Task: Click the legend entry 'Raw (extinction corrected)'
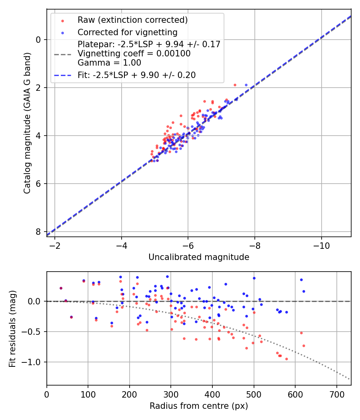(x=132, y=20)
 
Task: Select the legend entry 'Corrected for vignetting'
(x=127, y=32)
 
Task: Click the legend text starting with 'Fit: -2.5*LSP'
(x=136, y=75)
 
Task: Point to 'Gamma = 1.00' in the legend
(x=109, y=62)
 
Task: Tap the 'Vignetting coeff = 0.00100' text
(x=134, y=54)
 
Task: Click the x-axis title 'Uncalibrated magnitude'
(x=199, y=257)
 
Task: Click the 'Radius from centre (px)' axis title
(x=199, y=406)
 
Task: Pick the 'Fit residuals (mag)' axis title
(x=12, y=328)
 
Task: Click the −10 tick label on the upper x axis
(x=321, y=245)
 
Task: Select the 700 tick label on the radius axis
(x=336, y=394)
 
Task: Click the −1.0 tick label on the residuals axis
(x=32, y=362)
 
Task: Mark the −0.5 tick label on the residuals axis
(x=32, y=332)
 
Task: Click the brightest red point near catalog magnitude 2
(x=235, y=85)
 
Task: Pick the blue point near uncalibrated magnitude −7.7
(x=246, y=85)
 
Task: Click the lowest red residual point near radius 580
(x=286, y=359)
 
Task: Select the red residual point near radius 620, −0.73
(x=304, y=346)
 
